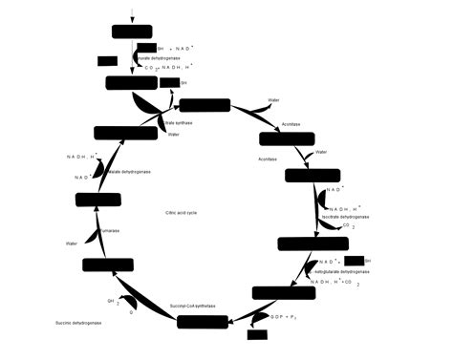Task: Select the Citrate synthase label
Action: [179, 123]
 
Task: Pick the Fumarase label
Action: [110, 230]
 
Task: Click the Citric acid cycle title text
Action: [182, 213]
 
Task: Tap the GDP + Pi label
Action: [285, 316]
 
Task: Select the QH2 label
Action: [111, 300]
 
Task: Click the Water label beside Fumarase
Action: [71, 244]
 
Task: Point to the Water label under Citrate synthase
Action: [173, 135]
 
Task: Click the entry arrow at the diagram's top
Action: [132, 13]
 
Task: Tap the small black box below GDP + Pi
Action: [256, 334]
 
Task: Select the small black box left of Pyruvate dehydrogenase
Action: [107, 61]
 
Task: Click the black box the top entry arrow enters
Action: [132, 32]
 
